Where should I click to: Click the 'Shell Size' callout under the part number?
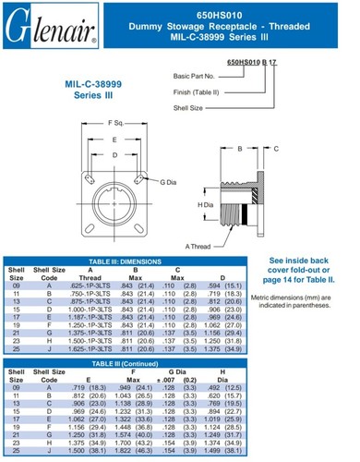190,106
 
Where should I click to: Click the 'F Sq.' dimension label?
115,122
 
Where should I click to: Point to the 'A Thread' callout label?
200,246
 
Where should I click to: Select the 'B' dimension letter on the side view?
238,147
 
